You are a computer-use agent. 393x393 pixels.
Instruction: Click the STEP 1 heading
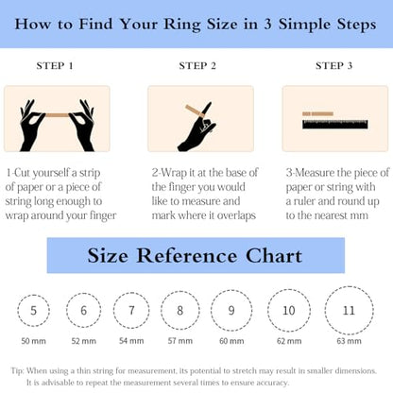click(55, 66)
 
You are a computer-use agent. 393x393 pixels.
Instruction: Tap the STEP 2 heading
click(197, 66)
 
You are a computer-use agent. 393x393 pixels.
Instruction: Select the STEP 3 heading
click(333, 66)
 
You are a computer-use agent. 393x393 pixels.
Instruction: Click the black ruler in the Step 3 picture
click(335, 125)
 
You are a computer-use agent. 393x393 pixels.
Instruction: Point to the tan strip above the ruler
click(317, 113)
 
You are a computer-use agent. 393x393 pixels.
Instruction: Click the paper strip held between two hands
click(57, 115)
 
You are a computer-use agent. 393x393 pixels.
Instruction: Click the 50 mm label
click(33, 341)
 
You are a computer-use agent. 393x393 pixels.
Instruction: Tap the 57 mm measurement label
click(180, 341)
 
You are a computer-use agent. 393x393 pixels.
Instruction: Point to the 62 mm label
click(289, 341)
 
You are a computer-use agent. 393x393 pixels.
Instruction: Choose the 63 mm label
click(349, 341)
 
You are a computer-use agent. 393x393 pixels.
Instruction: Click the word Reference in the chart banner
click(186, 255)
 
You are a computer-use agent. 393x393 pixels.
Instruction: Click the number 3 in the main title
click(267, 25)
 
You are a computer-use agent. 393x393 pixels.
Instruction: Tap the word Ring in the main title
click(182, 25)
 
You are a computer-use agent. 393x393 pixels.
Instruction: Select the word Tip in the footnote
click(17, 370)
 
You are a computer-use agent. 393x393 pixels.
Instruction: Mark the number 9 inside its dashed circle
click(231, 311)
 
